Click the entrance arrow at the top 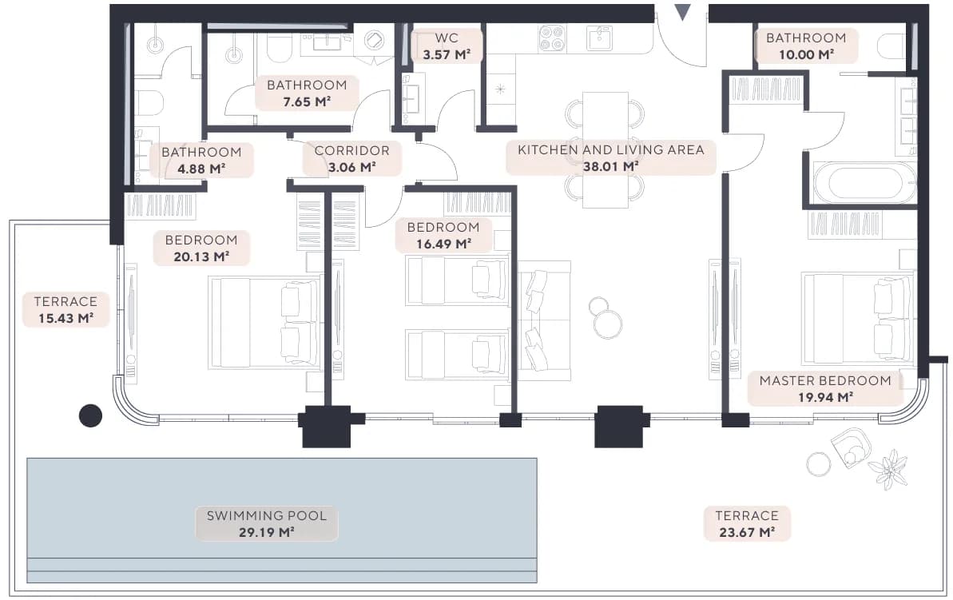tap(682, 12)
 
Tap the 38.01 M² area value tap(610, 166)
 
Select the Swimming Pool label tap(266, 523)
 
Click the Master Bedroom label tap(824, 388)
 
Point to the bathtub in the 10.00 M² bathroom tap(864, 182)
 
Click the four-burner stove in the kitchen tap(552, 38)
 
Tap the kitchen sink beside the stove tap(599, 38)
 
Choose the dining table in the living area tap(606, 149)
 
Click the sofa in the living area tap(544, 320)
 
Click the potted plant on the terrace tap(888, 469)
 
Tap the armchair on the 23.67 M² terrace tap(851, 447)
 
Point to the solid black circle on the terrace tap(90, 415)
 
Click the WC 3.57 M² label tap(447, 46)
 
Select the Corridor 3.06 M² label tap(352, 159)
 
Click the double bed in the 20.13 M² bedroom tap(265, 323)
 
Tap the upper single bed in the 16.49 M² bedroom tap(457, 280)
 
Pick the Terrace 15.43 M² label tap(66, 309)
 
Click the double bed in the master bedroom tap(858, 319)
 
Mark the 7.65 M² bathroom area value tap(307, 101)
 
